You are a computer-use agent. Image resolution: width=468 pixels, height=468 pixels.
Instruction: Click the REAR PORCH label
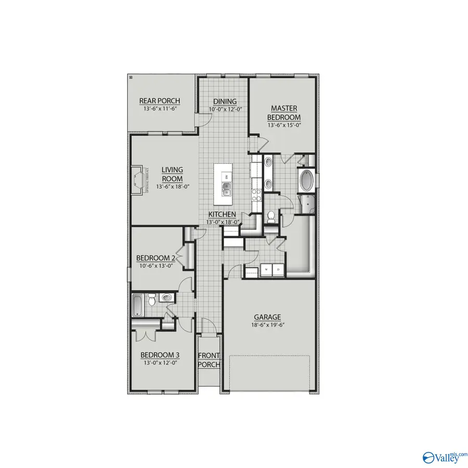pyautogui.click(x=160, y=101)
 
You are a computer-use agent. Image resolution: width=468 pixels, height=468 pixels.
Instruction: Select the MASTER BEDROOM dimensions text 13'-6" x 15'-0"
pyautogui.click(x=284, y=125)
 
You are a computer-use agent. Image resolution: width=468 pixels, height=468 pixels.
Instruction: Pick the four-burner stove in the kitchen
pyautogui.click(x=256, y=194)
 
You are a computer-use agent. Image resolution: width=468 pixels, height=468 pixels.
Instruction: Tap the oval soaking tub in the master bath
pyautogui.click(x=305, y=180)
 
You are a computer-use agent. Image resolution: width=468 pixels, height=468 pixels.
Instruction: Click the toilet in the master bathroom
pyautogui.click(x=270, y=216)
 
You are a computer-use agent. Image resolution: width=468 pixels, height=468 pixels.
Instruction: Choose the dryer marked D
pyautogui.click(x=278, y=269)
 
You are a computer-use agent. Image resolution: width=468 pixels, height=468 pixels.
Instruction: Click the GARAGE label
pyautogui.click(x=267, y=317)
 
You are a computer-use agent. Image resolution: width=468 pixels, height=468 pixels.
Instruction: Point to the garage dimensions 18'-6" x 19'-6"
pyautogui.click(x=267, y=324)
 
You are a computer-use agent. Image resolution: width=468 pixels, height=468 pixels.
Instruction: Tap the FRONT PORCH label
pyautogui.click(x=209, y=360)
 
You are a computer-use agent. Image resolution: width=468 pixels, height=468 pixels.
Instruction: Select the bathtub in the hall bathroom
pyautogui.click(x=137, y=305)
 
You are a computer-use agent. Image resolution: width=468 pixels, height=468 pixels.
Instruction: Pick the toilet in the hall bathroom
pyautogui.click(x=152, y=300)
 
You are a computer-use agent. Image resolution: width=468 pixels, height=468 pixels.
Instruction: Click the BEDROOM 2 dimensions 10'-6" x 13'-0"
pyautogui.click(x=155, y=266)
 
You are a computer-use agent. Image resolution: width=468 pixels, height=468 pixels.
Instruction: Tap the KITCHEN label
pyautogui.click(x=223, y=214)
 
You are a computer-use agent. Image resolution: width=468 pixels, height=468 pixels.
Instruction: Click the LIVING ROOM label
pyautogui.click(x=172, y=174)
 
